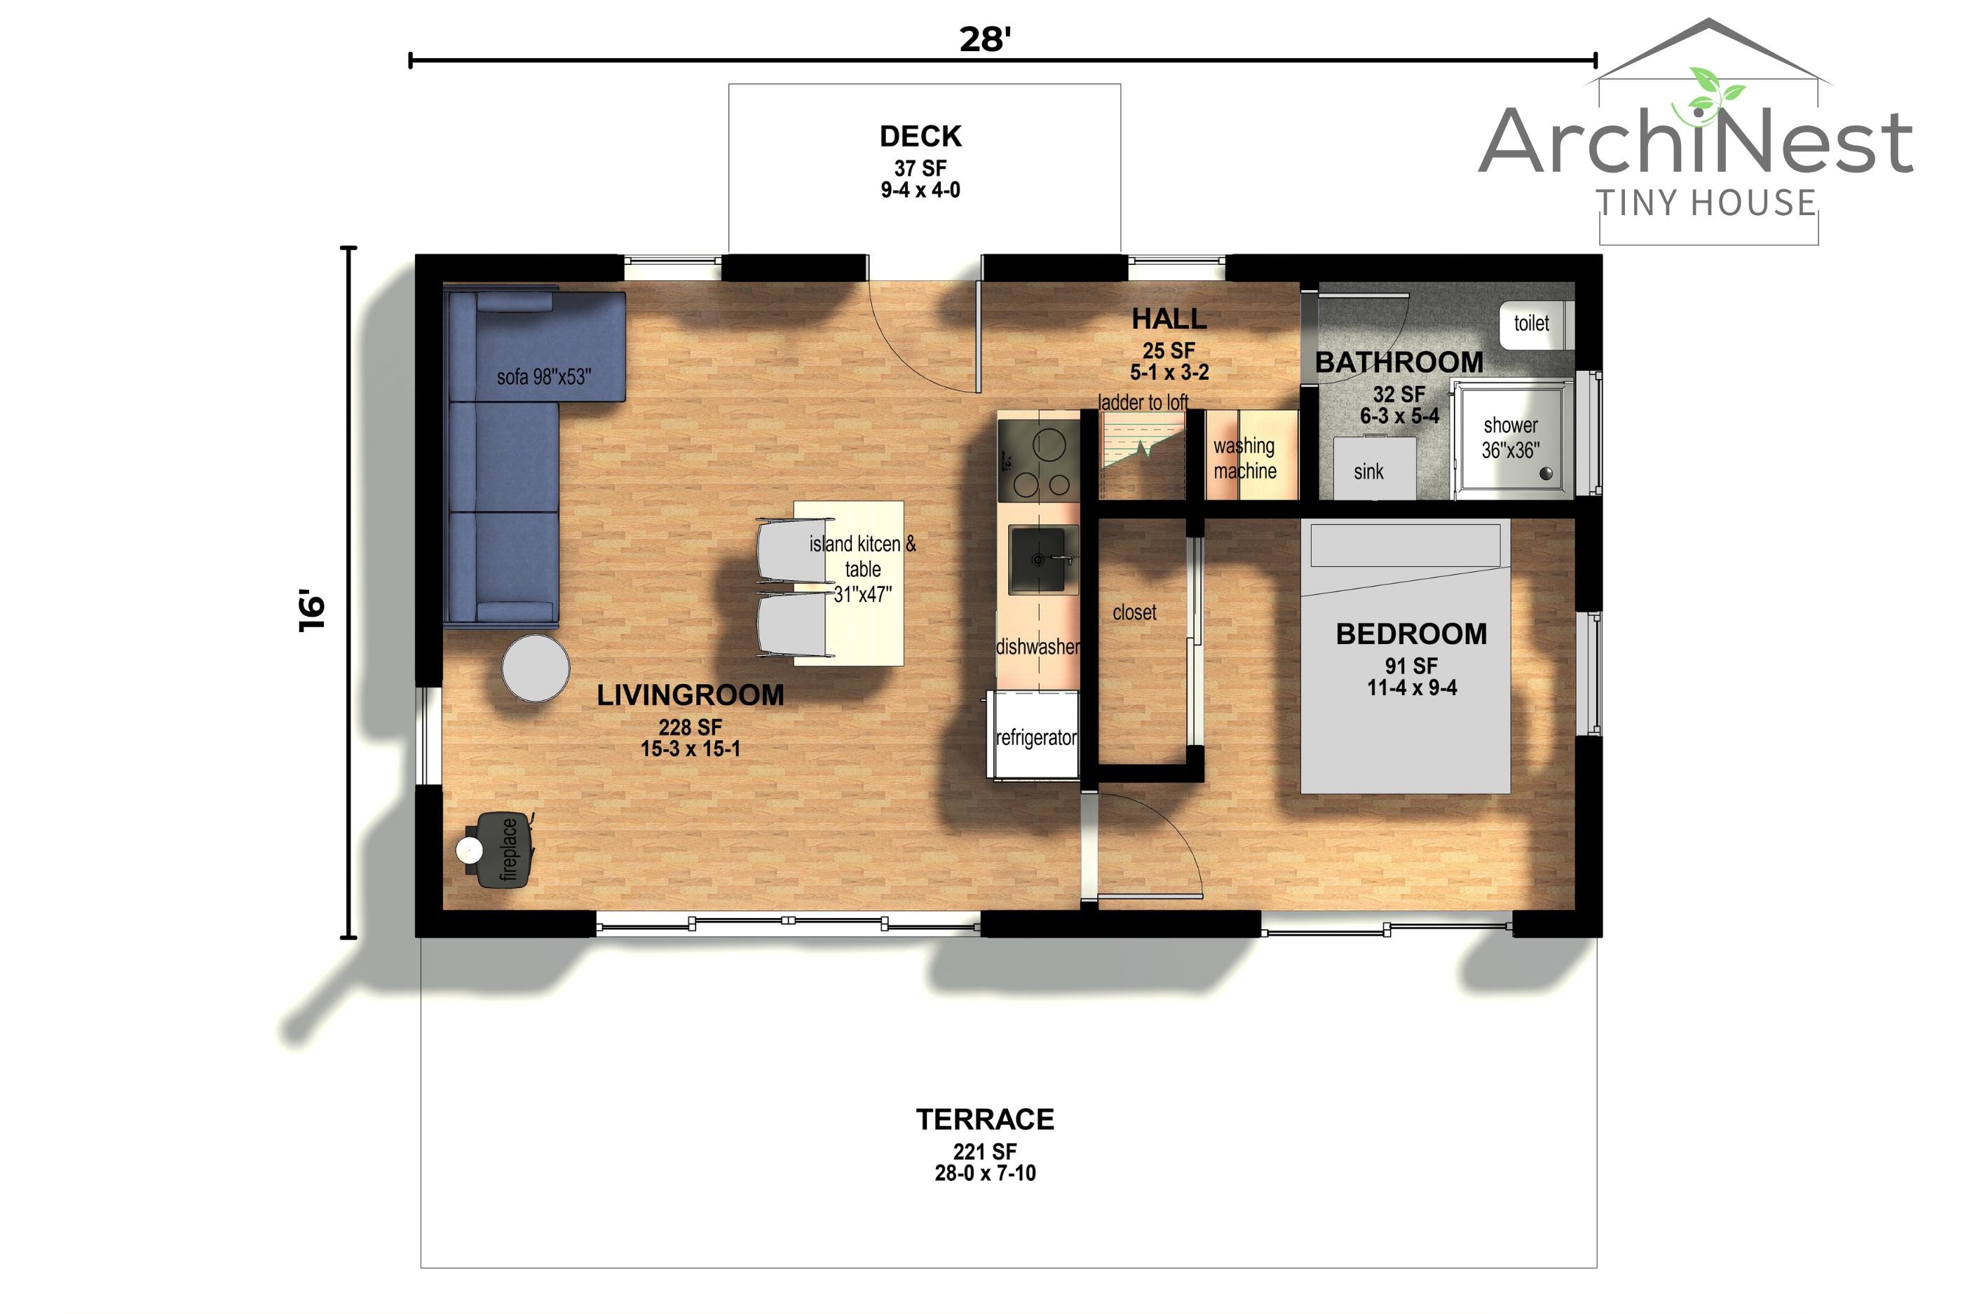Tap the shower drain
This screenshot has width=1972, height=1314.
pyautogui.click(x=1546, y=474)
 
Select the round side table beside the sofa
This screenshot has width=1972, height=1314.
pyautogui.click(x=536, y=667)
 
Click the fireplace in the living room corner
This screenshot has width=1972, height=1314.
pyautogui.click(x=496, y=849)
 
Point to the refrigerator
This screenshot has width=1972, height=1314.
pyautogui.click(x=1034, y=735)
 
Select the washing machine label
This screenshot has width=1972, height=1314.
pyautogui.click(x=1244, y=458)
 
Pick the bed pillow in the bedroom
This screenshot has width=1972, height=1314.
pyautogui.click(x=1406, y=545)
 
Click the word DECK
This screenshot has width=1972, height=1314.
pyautogui.click(x=920, y=136)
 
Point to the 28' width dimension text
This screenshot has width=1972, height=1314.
pyautogui.click(x=985, y=39)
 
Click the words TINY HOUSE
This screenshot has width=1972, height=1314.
pyautogui.click(x=1706, y=203)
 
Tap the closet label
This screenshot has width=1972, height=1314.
pyautogui.click(x=1134, y=612)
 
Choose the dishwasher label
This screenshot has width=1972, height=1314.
pyautogui.click(x=1038, y=646)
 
